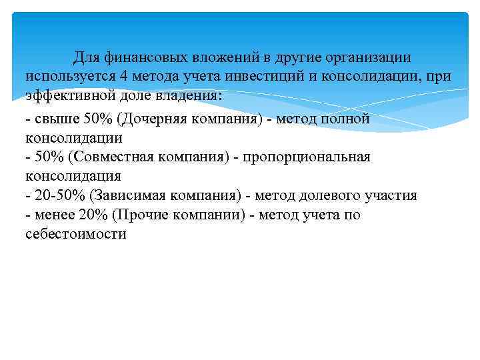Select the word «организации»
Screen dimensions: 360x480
coord(362,57)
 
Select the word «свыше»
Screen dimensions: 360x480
coord(55,119)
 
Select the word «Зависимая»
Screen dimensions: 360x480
coord(131,196)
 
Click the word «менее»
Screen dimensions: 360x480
coord(55,215)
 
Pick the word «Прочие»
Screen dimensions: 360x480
coord(120,215)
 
